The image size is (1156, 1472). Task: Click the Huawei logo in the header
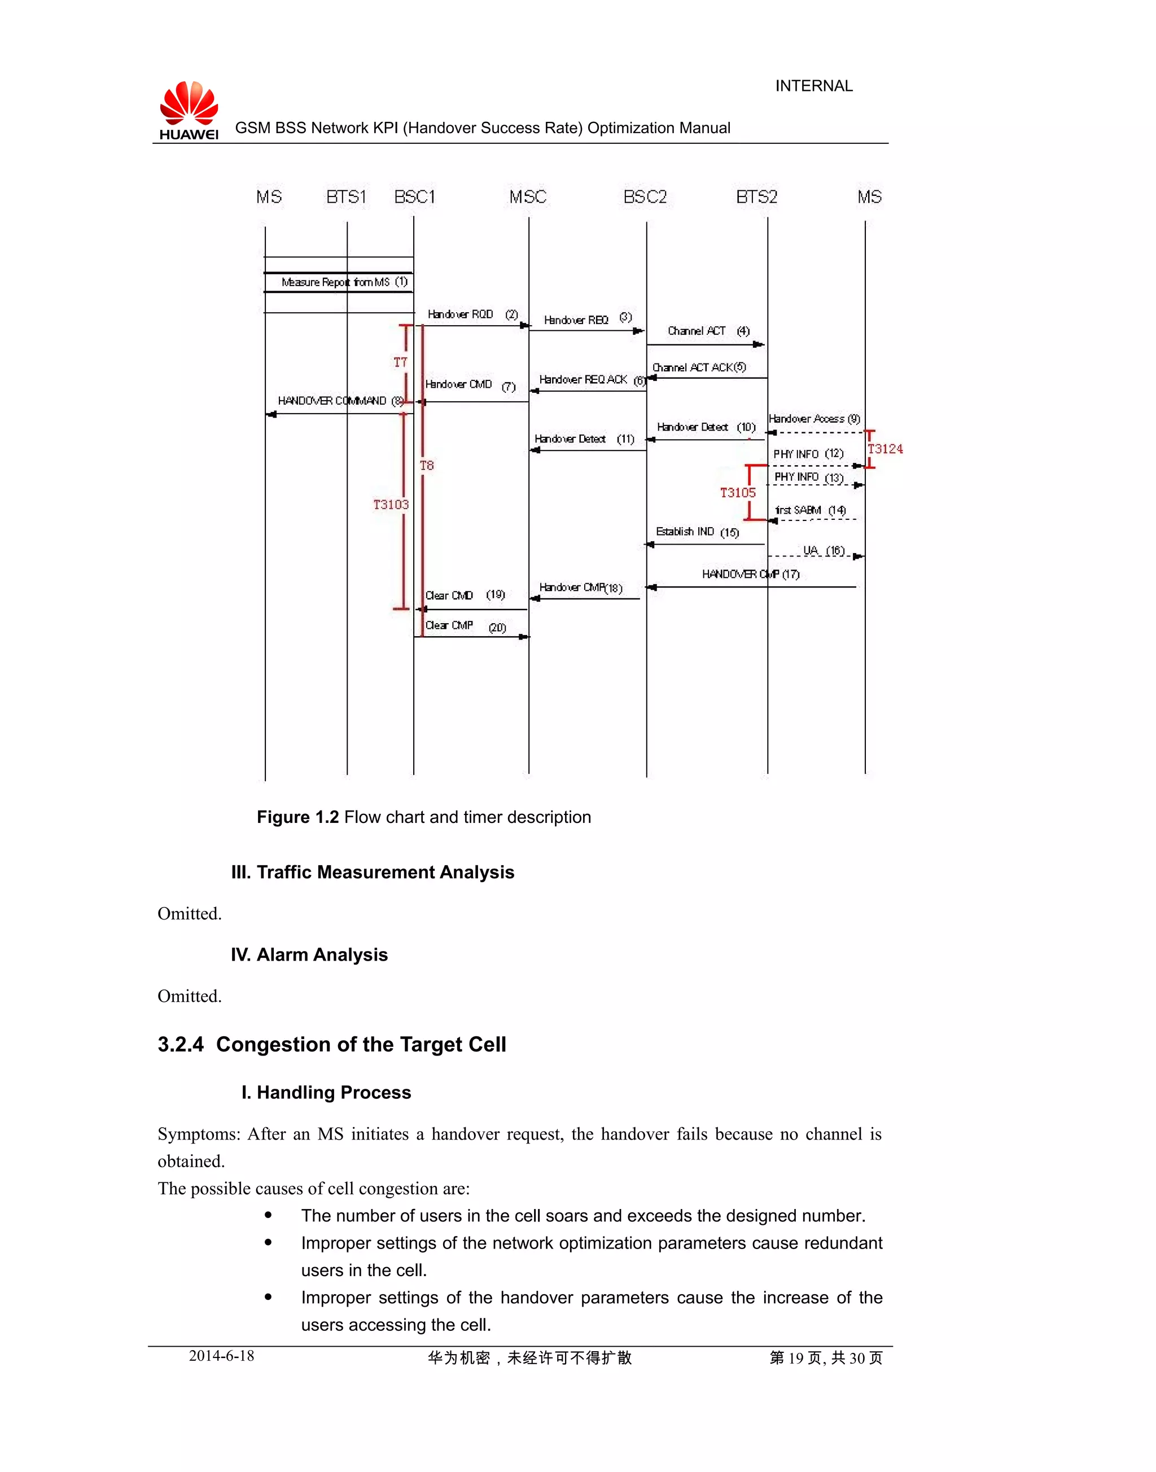189,109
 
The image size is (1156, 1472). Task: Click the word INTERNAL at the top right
813,86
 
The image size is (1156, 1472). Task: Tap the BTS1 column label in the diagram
346,197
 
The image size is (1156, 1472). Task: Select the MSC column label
527,197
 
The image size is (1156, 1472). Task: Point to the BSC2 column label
645,197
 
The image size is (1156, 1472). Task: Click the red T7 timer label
401,362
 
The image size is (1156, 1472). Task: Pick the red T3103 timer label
391,504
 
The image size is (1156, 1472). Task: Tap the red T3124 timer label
884,449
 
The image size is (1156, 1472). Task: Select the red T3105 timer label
737,493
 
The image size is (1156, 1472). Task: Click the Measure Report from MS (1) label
344,282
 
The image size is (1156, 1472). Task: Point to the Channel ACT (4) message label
708,331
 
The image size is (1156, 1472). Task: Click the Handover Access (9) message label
814,419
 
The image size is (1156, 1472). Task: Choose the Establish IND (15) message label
697,532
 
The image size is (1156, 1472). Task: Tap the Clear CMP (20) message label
465,626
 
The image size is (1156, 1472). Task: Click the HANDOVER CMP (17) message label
750,574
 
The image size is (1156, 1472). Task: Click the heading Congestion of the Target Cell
361,1044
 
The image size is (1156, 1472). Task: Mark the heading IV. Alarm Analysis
309,954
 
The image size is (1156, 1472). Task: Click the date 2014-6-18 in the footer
221,1356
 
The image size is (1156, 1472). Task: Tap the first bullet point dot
268,1216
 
